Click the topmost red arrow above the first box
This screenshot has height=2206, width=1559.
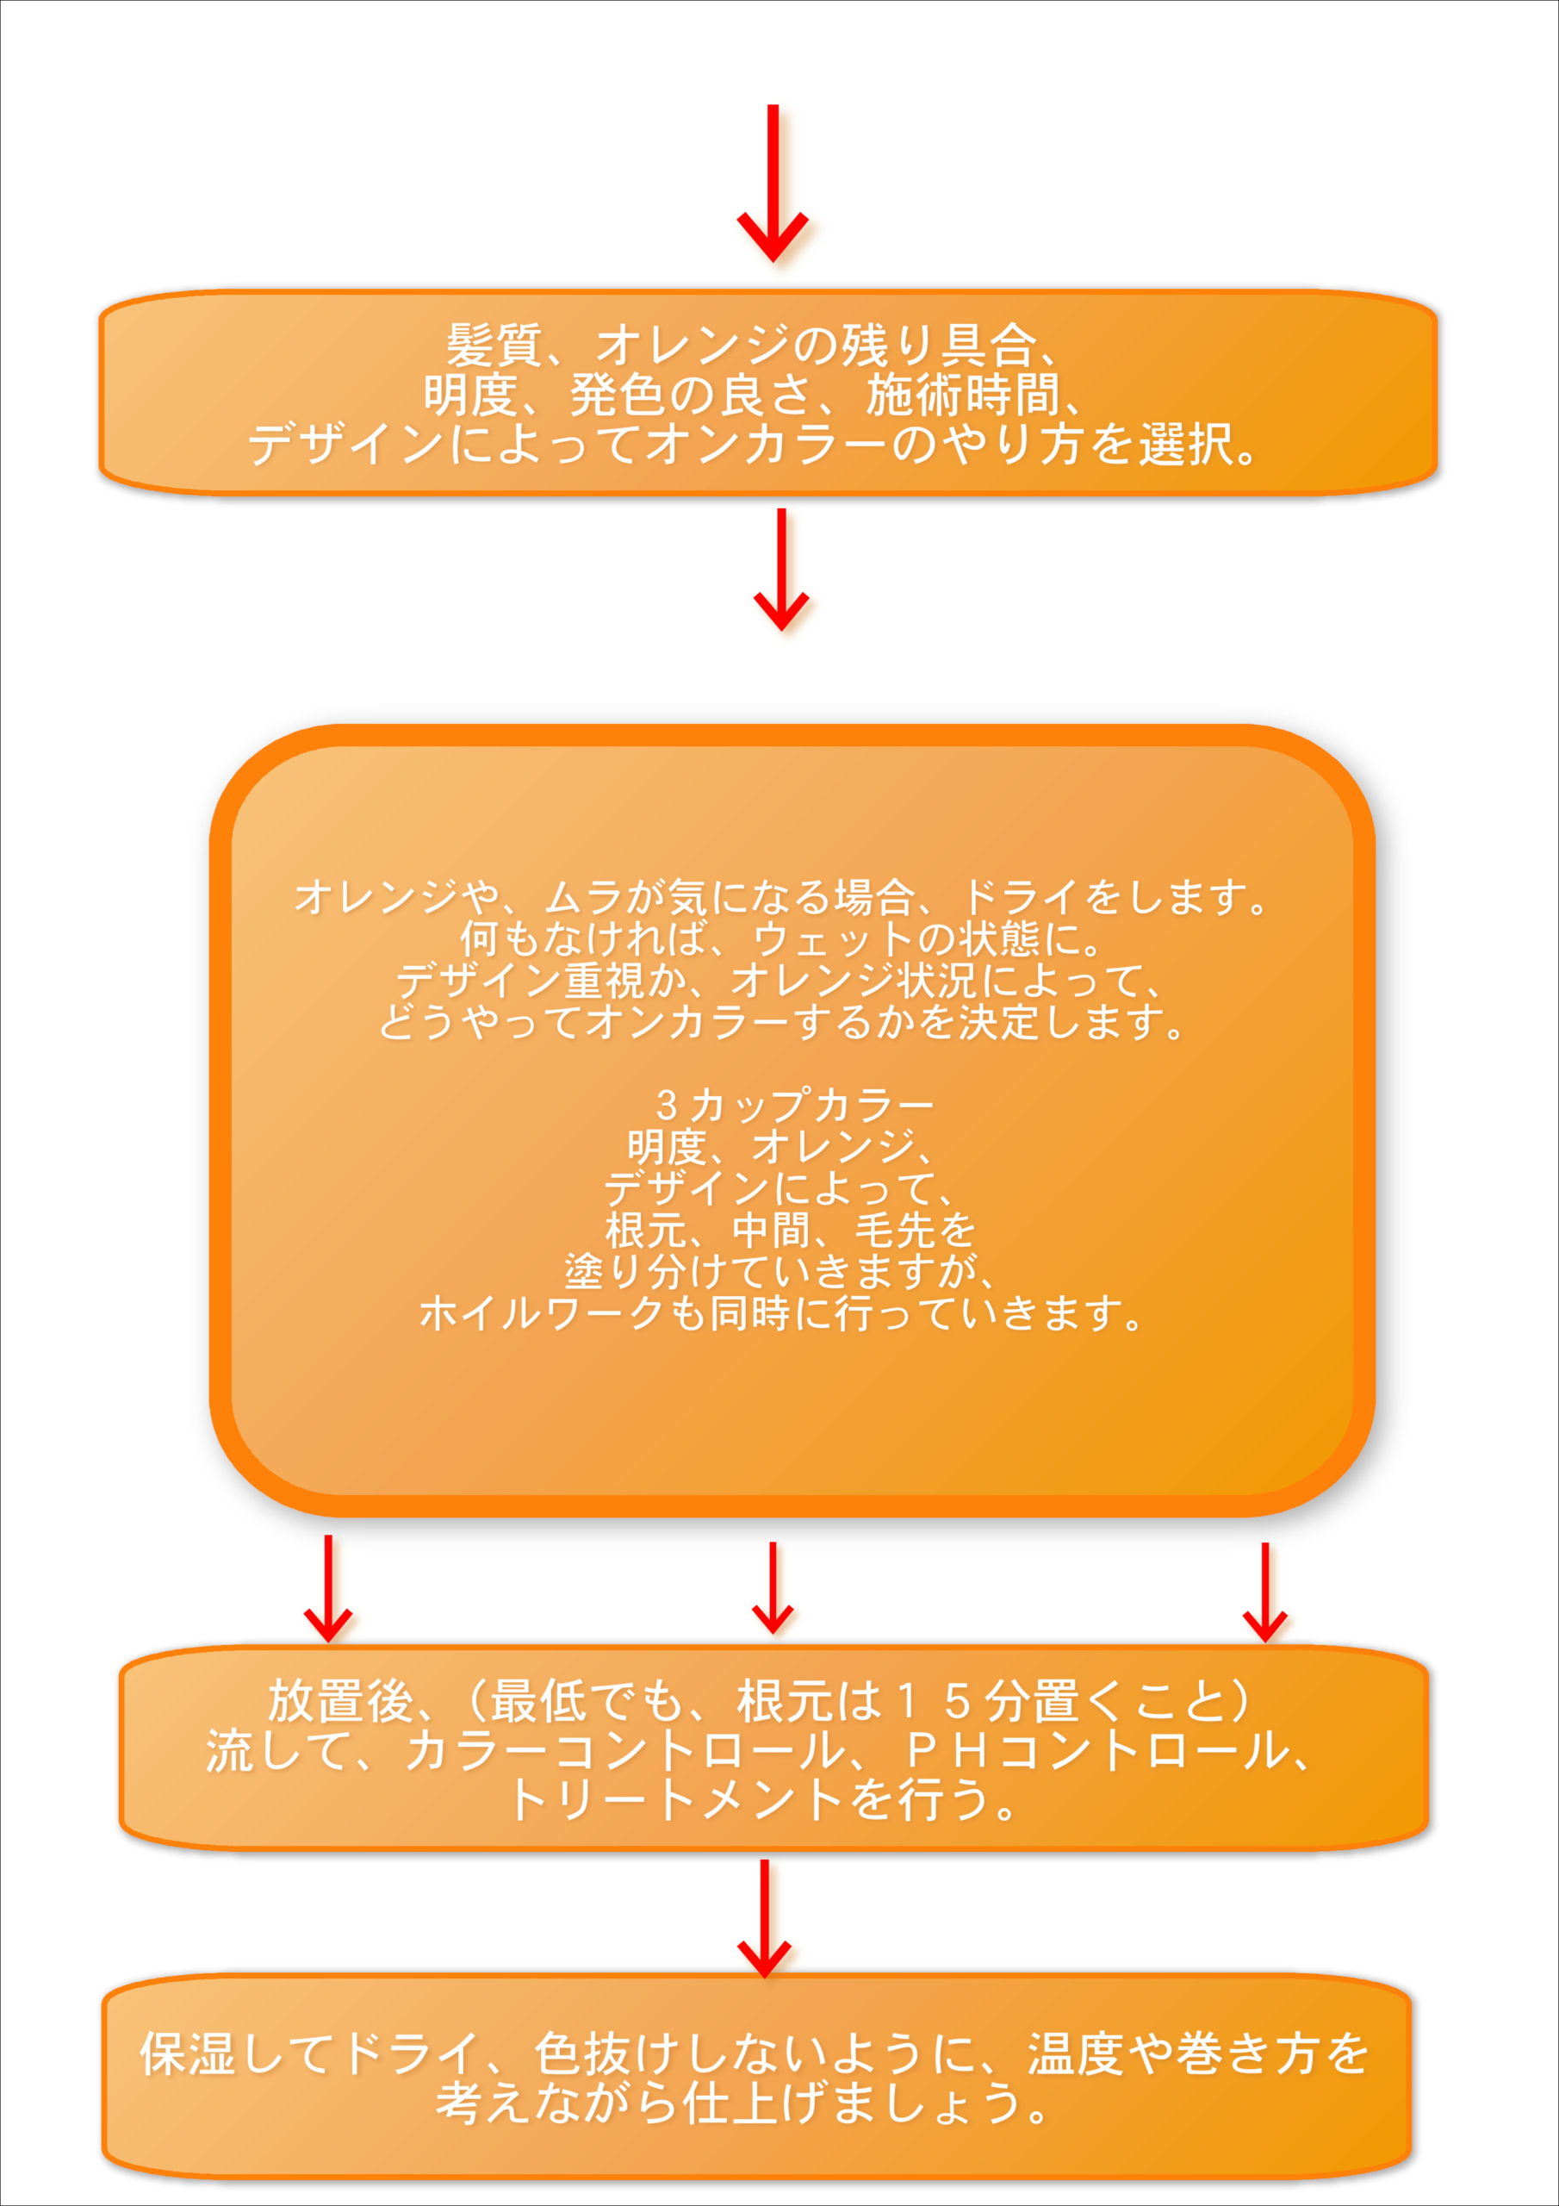[x=773, y=183]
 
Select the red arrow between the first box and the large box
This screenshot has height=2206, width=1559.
[x=781, y=569]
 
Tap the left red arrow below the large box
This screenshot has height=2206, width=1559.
[x=327, y=1588]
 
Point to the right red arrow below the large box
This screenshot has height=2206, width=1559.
[x=1265, y=1592]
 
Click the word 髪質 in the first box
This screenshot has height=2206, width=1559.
[x=494, y=345]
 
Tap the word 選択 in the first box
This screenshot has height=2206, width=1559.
[x=1185, y=445]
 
